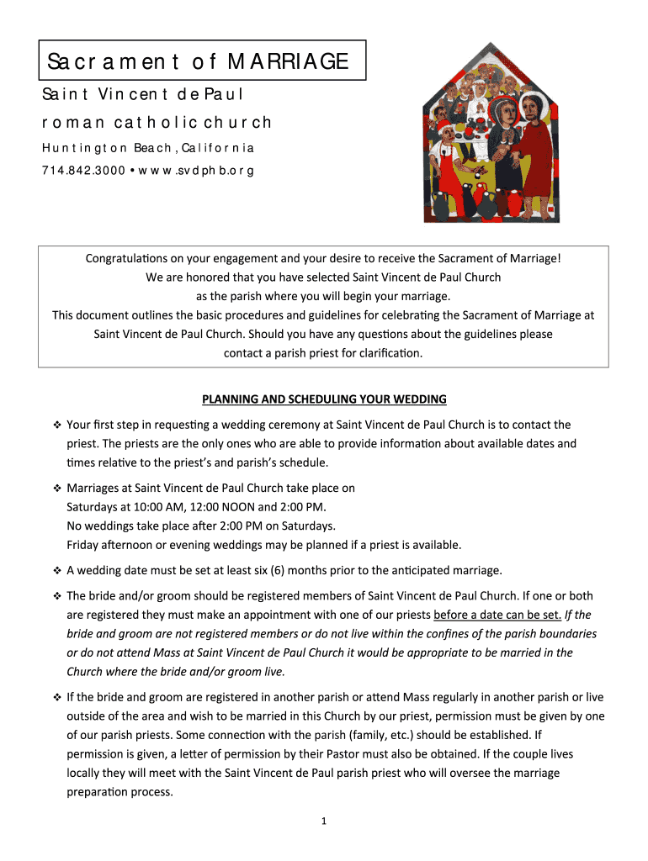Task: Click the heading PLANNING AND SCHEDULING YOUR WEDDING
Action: click(324, 399)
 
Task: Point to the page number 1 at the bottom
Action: click(323, 821)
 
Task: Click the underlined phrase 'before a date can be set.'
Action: click(497, 614)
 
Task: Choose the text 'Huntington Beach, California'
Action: click(148, 148)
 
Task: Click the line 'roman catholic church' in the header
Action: click(157, 123)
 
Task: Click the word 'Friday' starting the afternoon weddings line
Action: click(82, 544)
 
